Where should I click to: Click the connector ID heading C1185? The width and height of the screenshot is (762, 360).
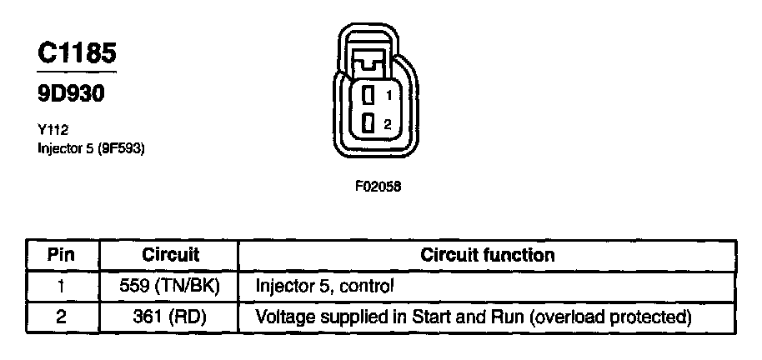pyautogui.click(x=77, y=52)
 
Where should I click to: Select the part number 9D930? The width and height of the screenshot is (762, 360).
pyautogui.click(x=71, y=95)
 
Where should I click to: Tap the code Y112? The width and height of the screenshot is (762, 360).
pyautogui.click(x=52, y=129)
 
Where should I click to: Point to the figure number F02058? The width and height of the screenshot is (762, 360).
pyautogui.click(x=378, y=187)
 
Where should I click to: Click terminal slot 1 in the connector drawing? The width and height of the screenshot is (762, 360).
pyautogui.click(x=368, y=96)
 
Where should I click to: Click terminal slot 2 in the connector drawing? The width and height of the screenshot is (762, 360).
pyautogui.click(x=368, y=124)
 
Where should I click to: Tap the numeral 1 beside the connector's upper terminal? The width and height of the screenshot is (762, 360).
pyautogui.click(x=388, y=96)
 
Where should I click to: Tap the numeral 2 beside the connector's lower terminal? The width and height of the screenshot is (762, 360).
pyautogui.click(x=387, y=124)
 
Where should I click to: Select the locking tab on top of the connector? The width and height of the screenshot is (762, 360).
pyautogui.click(x=368, y=61)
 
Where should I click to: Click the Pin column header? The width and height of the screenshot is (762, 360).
pyautogui.click(x=61, y=254)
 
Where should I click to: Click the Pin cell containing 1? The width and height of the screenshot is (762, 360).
pyautogui.click(x=61, y=286)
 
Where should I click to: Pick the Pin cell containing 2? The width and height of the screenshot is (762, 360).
pyautogui.click(x=61, y=317)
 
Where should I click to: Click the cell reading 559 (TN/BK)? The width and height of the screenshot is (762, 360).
pyautogui.click(x=170, y=286)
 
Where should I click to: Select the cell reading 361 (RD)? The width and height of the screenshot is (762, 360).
pyautogui.click(x=170, y=317)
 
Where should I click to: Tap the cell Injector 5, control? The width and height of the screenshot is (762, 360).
pyautogui.click(x=324, y=286)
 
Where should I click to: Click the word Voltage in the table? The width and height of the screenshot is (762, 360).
pyautogui.click(x=281, y=317)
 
